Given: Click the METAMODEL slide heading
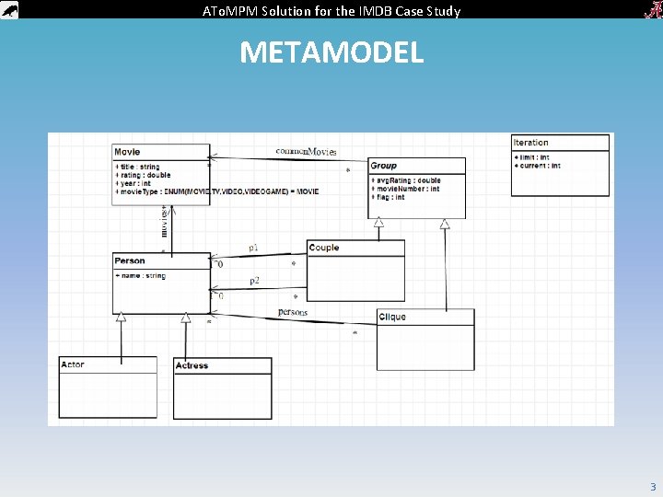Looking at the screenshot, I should [331, 52].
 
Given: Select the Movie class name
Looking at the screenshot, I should [127, 152].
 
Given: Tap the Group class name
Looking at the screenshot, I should [383, 166].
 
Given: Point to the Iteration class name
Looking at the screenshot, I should [530, 143].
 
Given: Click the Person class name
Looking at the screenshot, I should [130, 261].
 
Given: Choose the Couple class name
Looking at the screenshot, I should [324, 248].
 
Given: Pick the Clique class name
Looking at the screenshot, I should [392, 318].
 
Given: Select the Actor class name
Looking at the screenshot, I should [73, 364].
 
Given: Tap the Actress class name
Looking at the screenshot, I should [192, 365].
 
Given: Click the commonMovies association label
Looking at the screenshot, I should [306, 151].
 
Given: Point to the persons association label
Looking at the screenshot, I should [293, 312].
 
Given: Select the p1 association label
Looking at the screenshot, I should [253, 248].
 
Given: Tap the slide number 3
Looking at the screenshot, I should [653, 487].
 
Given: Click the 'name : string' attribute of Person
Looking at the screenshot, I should [142, 276].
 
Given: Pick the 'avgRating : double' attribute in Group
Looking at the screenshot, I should [406, 180].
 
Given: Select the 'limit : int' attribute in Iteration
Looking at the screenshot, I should [532, 157].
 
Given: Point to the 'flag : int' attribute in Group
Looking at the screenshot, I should [389, 197].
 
